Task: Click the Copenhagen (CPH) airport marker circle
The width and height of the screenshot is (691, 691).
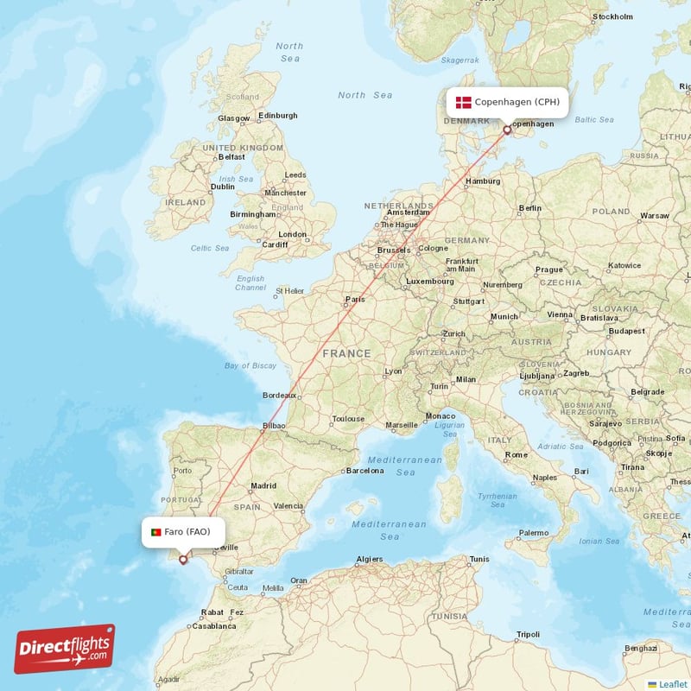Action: pyautogui.click(x=507, y=130)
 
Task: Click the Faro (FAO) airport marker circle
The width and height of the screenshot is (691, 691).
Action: pyautogui.click(x=182, y=559)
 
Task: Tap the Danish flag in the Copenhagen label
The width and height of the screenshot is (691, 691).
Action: pyautogui.click(x=464, y=102)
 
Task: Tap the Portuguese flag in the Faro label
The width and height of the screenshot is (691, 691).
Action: pyautogui.click(x=155, y=532)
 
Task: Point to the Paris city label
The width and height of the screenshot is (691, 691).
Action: pyautogui.click(x=355, y=301)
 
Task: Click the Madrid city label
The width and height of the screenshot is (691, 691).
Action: pyautogui.click(x=263, y=485)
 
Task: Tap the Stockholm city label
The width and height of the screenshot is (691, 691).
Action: pyautogui.click(x=613, y=17)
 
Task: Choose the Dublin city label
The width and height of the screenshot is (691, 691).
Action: pyautogui.click(x=222, y=186)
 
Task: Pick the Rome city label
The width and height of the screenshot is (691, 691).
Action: pyautogui.click(x=517, y=454)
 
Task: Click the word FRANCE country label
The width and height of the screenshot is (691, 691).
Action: pyautogui.click(x=346, y=353)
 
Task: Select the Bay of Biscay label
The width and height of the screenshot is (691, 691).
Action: pyautogui.click(x=250, y=365)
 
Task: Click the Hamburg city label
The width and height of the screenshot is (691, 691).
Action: pyautogui.click(x=483, y=181)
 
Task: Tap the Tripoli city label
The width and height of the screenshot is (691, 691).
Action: pyautogui.click(x=527, y=634)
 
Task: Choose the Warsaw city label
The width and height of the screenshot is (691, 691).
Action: pyautogui.click(x=655, y=215)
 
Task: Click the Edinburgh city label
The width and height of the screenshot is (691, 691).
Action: pyautogui.click(x=277, y=116)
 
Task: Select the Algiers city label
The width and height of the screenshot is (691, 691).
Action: pyautogui.click(x=370, y=560)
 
